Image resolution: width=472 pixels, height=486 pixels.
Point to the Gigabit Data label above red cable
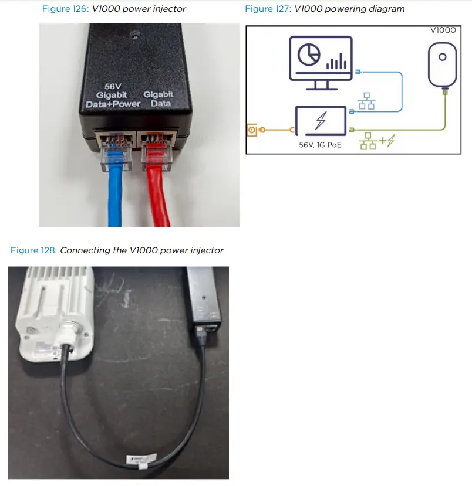[159, 98]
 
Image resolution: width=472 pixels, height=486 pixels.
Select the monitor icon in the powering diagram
[321, 59]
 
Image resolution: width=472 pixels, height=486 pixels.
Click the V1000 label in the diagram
[443, 30]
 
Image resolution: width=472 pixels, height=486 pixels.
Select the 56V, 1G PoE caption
[321, 144]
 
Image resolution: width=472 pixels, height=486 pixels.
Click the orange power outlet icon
[252, 130]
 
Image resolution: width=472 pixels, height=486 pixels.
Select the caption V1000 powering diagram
[349, 9]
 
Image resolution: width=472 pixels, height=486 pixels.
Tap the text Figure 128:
[33, 250]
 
